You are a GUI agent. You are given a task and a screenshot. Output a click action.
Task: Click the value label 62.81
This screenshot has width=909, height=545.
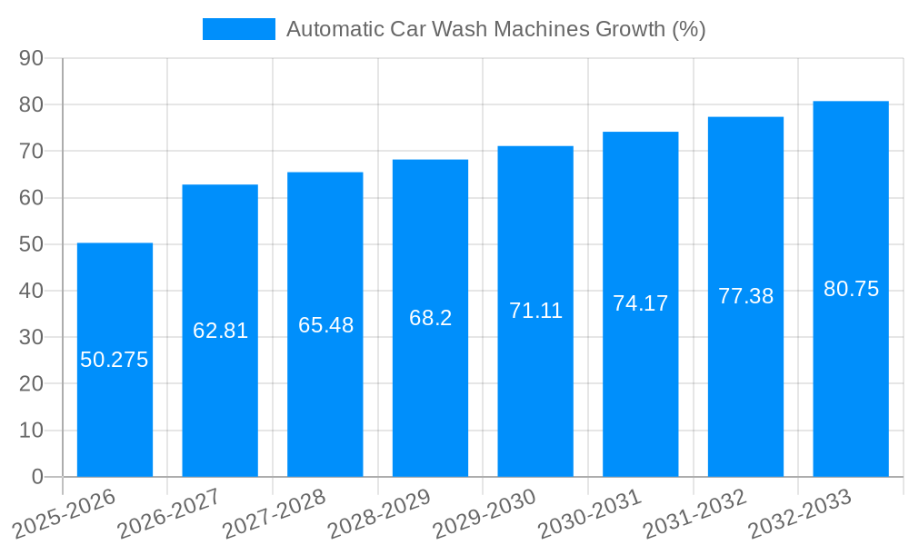pos(220,331)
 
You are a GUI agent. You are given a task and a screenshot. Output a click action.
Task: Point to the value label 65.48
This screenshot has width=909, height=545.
pos(325,325)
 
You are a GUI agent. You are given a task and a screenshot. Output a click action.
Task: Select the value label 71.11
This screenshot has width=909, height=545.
pos(535,311)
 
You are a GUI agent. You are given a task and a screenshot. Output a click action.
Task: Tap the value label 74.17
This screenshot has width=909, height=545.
pos(640,303)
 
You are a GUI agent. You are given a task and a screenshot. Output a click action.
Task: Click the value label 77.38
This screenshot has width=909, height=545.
pos(745,296)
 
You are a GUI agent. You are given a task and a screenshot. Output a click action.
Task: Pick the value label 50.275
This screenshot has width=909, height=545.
pos(115,360)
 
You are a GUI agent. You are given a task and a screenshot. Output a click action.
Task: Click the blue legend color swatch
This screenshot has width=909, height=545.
pos(238,29)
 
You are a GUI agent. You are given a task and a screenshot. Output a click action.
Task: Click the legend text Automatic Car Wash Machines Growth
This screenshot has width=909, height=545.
pos(495,29)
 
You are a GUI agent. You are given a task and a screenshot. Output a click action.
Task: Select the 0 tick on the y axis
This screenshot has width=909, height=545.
pos(37,477)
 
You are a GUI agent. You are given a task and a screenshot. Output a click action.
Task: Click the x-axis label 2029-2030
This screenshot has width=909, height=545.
pos(484,513)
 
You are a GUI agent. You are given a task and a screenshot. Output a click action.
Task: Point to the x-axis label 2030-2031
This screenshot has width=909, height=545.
pos(590,513)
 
